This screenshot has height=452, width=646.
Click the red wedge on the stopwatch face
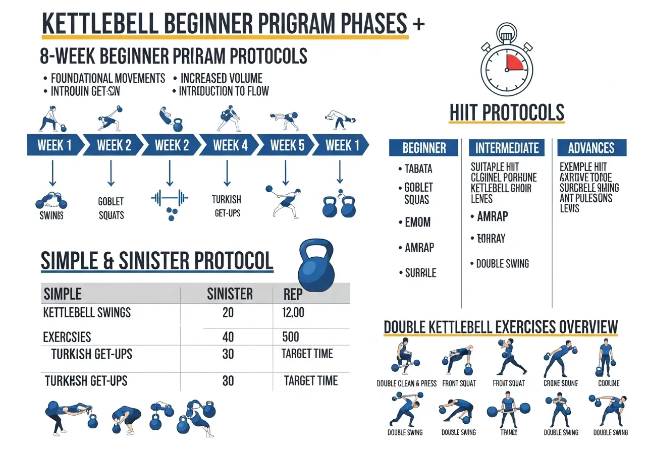[515, 63]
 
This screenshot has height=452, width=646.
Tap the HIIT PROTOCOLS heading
[507, 112]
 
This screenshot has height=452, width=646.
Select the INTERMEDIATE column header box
[507, 148]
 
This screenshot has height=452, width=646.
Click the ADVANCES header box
[591, 148]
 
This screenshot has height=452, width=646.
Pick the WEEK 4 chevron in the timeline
[230, 146]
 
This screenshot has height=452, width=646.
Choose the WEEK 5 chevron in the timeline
[287, 146]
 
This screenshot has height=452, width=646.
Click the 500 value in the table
[290, 336]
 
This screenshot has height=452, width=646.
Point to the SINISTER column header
[230, 294]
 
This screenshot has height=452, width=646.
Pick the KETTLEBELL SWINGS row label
[87, 313]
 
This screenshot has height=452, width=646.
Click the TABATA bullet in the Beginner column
[418, 169]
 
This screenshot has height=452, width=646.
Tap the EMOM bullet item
[417, 222]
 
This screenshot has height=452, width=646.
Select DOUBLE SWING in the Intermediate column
[502, 264]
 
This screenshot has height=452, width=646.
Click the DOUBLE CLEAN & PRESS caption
[407, 383]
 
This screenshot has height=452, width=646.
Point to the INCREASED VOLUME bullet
[221, 78]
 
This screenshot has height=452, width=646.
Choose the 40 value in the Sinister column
[228, 336]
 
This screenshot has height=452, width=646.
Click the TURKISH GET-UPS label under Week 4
[227, 206]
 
